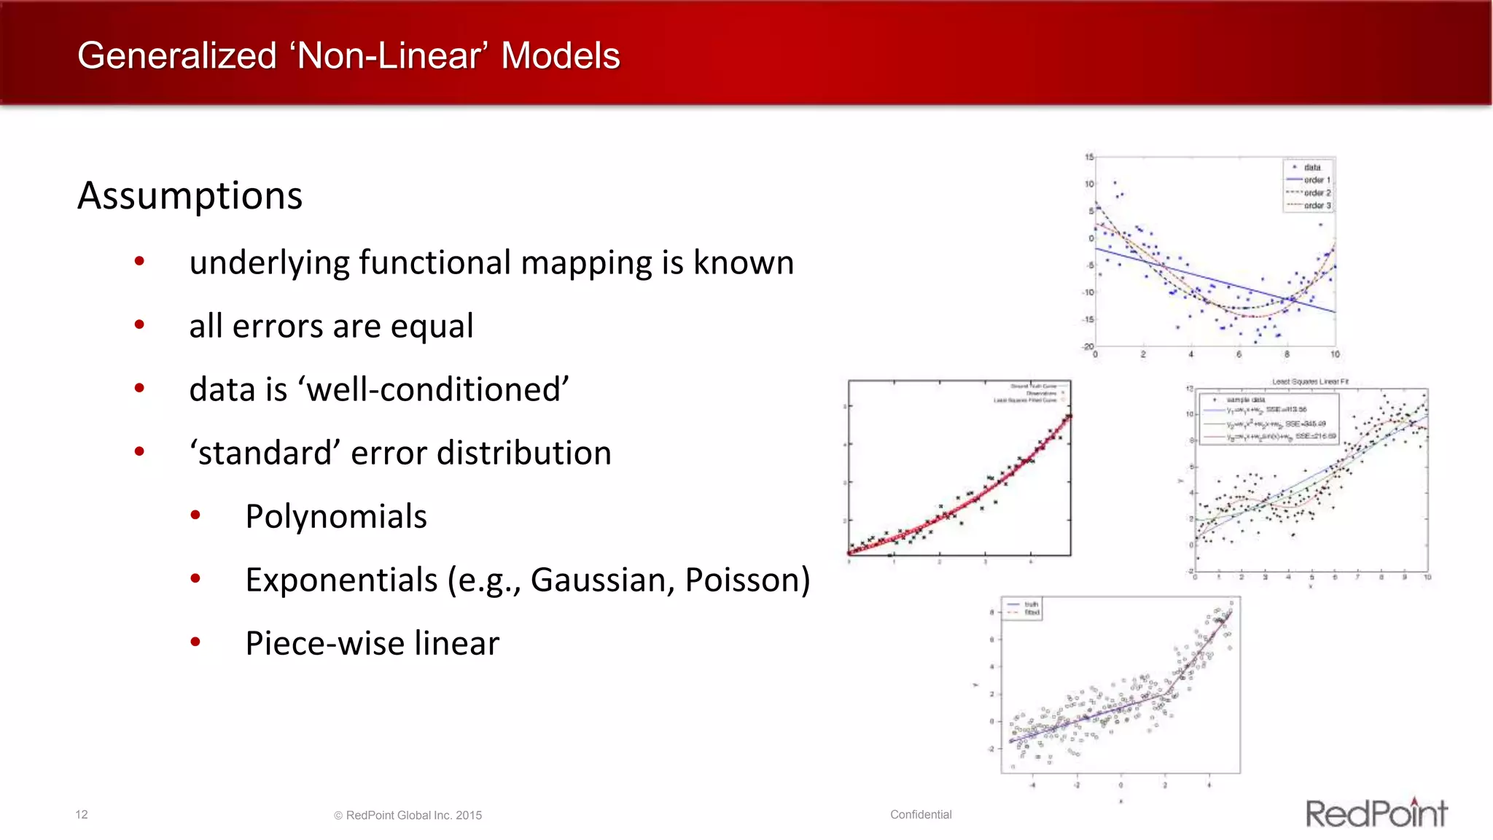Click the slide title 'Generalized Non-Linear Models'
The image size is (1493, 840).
348,56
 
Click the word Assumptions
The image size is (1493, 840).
190,195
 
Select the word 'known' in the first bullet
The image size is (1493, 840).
743,262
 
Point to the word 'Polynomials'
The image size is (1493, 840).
336,516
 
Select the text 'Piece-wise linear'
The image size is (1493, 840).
372,643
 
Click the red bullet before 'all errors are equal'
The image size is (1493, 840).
139,324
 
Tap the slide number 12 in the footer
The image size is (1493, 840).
82,814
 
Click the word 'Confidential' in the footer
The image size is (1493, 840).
921,814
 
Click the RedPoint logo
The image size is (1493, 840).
1376,813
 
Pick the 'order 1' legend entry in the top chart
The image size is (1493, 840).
1317,180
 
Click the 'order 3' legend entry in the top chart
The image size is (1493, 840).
1317,206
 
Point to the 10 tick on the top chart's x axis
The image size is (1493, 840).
1335,354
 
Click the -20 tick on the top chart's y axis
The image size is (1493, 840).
1088,346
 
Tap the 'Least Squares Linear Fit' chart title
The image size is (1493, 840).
1310,381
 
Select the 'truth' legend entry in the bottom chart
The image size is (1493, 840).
1031,604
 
